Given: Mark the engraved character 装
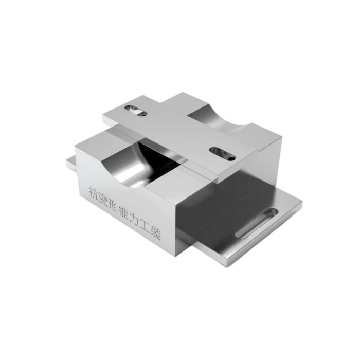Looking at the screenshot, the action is [x=156, y=233].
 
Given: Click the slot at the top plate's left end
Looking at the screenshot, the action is [x=135, y=110].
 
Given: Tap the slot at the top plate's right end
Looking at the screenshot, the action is [x=222, y=154].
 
